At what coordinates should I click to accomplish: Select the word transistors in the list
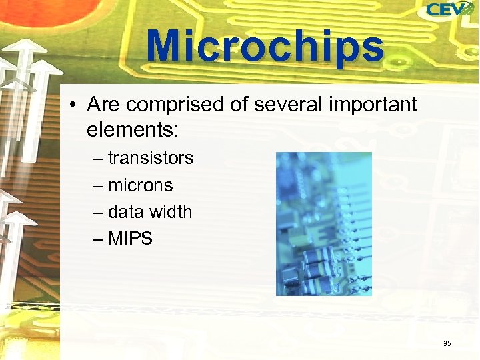coord(151,159)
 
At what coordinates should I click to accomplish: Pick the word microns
coord(140,185)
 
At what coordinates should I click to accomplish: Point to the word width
coord(170,212)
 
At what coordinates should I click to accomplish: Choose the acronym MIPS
coord(131,239)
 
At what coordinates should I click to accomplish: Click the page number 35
coord(447,343)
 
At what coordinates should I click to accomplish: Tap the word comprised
coord(169,105)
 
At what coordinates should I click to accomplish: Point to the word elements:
coord(133,129)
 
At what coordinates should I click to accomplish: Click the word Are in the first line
coord(103,105)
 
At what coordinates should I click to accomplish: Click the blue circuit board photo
coord(324,223)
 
